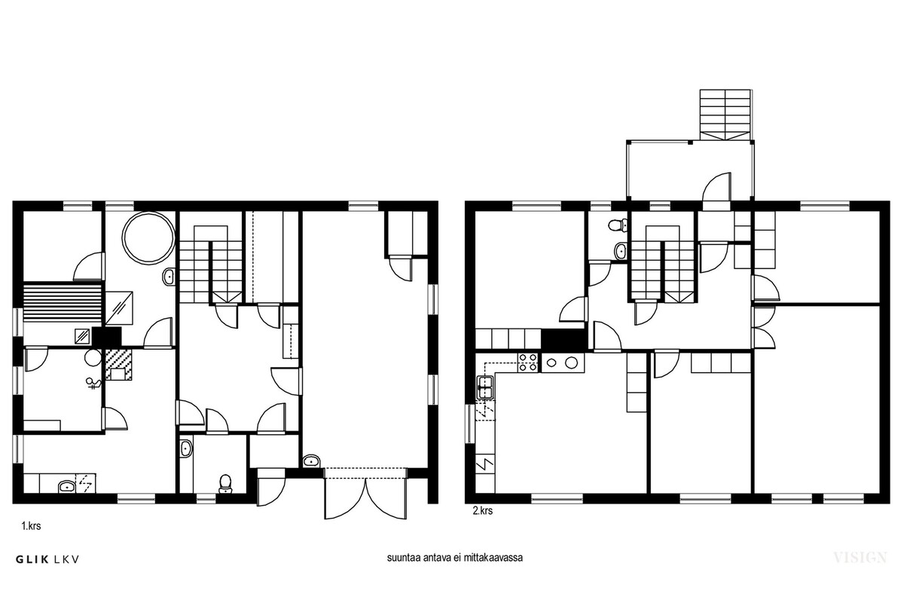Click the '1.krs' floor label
tap(31, 526)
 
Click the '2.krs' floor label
tap(483, 511)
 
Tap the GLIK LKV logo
tap(47, 559)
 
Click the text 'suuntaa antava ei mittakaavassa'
tap(455, 558)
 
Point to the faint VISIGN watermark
tap(860, 558)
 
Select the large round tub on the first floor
tap(148, 238)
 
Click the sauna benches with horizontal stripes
tap(62, 303)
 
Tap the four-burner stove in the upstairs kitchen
tap(528, 363)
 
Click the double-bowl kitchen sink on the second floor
tap(485, 387)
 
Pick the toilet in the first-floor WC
tap(225, 483)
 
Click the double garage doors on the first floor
tap(365, 494)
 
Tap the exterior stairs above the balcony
tap(725, 115)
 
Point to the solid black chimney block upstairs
tap(563, 339)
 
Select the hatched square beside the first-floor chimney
tap(119, 365)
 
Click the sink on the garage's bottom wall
tap(311, 461)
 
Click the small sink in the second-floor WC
tap(621, 251)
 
